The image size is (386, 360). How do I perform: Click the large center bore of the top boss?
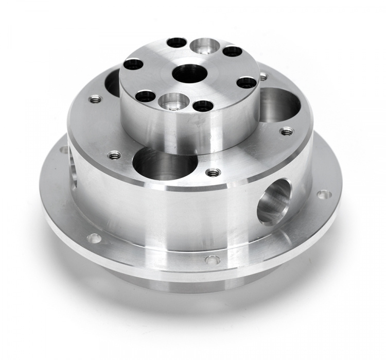point(189,74)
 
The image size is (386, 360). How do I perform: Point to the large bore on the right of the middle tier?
point(279,105)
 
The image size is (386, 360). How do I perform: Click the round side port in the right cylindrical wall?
point(274,201)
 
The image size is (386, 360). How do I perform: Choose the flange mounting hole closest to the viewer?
point(212,260)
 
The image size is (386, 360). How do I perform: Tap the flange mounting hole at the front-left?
point(94,238)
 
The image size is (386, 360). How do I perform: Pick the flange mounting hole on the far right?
point(324,195)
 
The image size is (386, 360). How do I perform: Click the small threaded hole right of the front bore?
point(213,172)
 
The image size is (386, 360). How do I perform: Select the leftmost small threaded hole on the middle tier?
point(95,99)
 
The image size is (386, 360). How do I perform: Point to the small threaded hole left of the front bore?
point(114,155)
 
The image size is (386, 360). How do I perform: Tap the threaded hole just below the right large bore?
point(287,131)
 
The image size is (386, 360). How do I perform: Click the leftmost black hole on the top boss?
point(133,64)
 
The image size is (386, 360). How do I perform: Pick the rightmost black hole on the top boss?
point(247,82)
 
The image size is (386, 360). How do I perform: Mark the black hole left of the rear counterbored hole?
point(177,42)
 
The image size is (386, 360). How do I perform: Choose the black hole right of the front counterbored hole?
point(203,106)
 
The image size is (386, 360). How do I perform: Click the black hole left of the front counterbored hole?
point(146,96)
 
